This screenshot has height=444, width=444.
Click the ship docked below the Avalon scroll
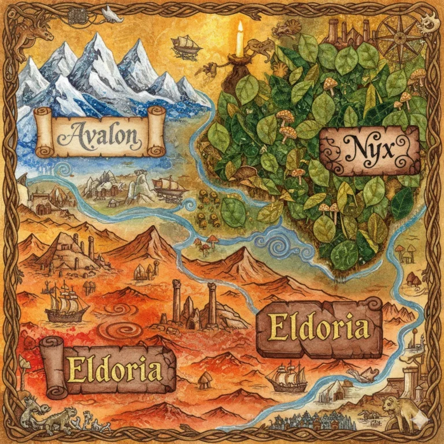point(169,188)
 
